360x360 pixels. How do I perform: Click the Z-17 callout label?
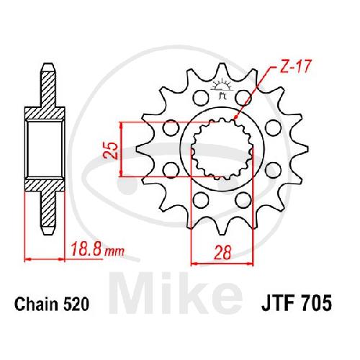[295, 66]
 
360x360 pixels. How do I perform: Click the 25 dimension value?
[111, 150]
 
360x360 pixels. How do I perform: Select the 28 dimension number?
[222, 252]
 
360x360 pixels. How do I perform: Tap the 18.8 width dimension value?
[87, 249]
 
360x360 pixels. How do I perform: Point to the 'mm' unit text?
[114, 251]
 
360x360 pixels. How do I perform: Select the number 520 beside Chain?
[76, 304]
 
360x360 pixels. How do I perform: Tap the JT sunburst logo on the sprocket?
[222, 89]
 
